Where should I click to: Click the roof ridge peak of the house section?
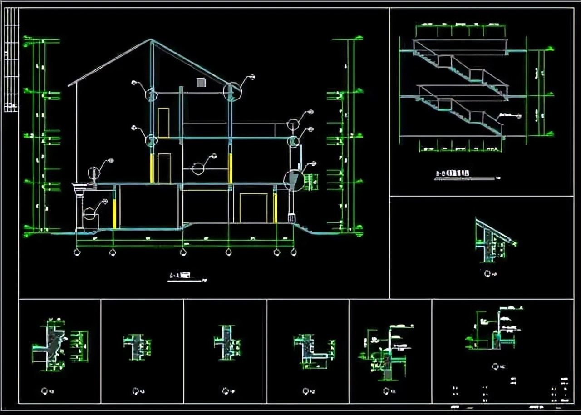(x=151, y=40)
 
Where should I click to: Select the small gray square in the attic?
(x=201, y=82)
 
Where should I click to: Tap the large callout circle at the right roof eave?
(x=232, y=91)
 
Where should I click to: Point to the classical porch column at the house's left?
(x=80, y=207)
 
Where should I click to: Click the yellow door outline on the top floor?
(x=163, y=122)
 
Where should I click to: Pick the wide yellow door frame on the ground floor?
(x=254, y=208)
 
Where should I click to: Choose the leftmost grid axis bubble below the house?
(x=77, y=252)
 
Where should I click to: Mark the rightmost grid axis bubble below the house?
(x=293, y=252)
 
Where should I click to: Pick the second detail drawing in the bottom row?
(x=137, y=347)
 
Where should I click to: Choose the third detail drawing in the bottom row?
(x=227, y=343)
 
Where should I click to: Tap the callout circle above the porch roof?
(x=94, y=173)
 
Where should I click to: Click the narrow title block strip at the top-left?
(x=11, y=59)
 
